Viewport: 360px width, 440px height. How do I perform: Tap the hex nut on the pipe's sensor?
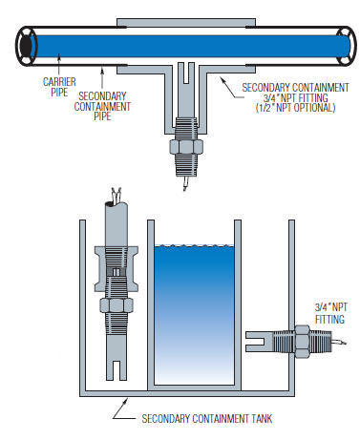click(183, 148)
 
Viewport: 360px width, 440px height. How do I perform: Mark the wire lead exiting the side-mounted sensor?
click(336, 341)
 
